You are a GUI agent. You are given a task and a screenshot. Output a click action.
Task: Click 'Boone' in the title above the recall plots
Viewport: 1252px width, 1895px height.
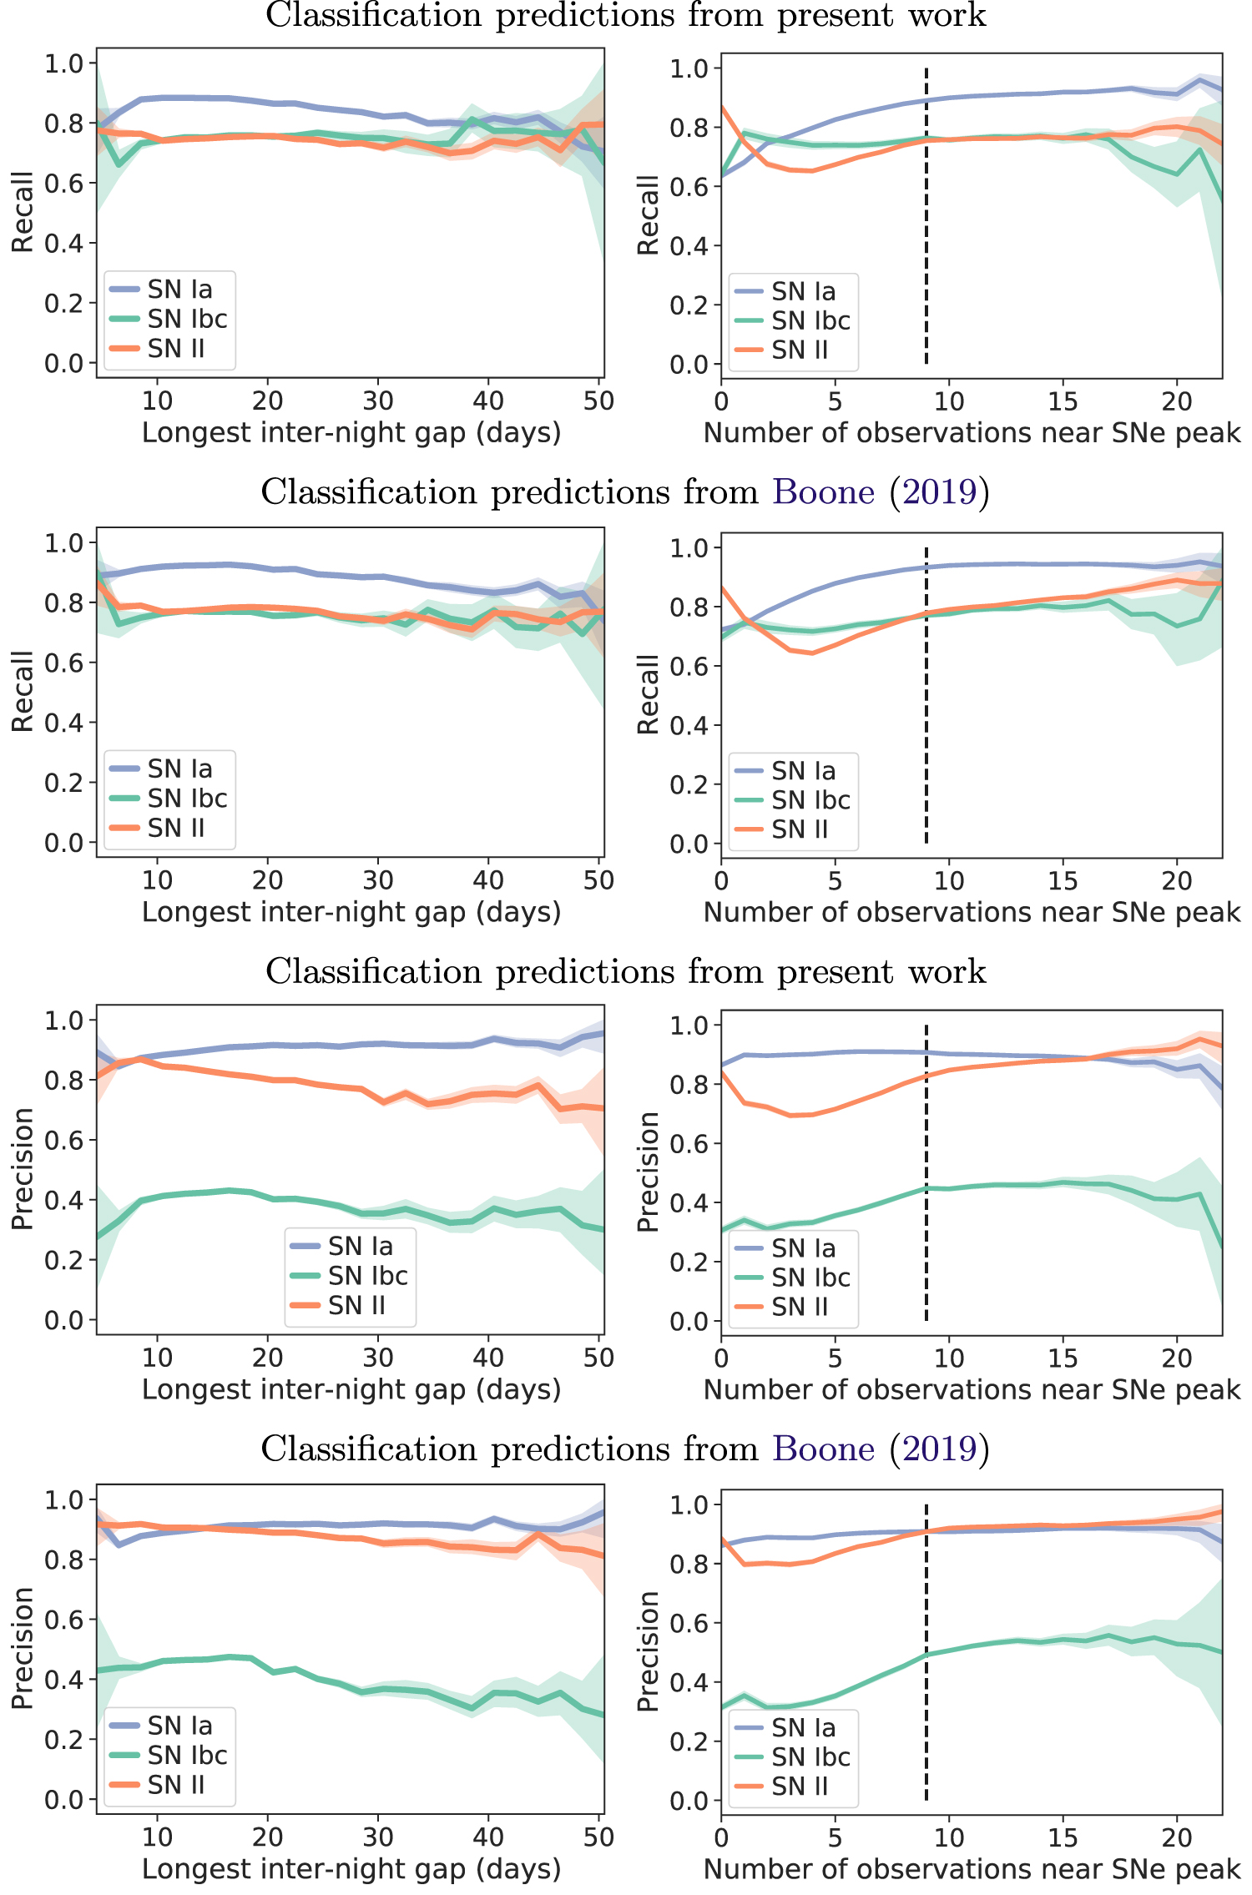pos(823,492)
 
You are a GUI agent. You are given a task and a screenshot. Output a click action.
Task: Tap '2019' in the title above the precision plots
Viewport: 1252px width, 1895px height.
pos(939,1449)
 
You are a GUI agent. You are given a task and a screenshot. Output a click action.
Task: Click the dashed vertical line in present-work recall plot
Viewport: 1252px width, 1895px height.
pos(926,217)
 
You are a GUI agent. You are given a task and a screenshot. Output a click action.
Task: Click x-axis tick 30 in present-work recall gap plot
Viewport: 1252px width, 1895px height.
pos(378,401)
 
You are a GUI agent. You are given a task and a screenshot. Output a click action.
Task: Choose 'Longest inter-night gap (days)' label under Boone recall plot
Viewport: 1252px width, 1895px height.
pos(351,912)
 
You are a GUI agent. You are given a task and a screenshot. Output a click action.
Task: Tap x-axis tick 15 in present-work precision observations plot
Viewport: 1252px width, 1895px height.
pos(1063,1358)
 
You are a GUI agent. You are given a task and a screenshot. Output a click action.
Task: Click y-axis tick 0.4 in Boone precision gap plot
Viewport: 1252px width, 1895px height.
pos(64,1680)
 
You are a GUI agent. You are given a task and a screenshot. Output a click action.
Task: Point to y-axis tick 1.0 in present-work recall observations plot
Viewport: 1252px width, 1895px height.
pos(689,68)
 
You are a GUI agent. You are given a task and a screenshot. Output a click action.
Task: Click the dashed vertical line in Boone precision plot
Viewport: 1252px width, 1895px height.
pos(926,1652)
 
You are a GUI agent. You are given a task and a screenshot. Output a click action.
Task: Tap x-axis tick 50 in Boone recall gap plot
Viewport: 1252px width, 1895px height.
pos(598,880)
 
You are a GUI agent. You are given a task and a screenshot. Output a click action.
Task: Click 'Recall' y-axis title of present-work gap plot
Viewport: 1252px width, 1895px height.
pos(23,212)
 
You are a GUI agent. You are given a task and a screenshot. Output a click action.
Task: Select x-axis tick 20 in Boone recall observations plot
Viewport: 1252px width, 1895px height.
pos(1177,880)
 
